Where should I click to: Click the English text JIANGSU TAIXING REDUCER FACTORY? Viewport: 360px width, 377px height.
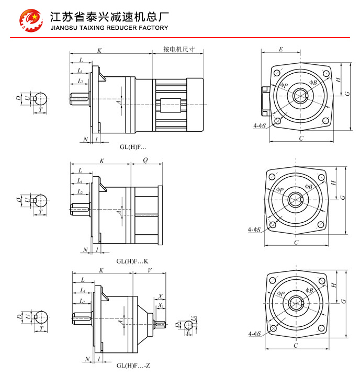click(109, 28)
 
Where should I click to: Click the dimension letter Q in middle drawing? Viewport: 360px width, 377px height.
click(145, 161)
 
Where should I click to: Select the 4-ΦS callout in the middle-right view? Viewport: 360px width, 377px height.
click(255, 229)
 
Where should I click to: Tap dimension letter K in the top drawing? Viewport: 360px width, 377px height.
click(99, 50)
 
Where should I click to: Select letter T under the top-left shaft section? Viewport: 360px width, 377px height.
click(40, 111)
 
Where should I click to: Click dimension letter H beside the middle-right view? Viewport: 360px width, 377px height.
click(333, 183)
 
